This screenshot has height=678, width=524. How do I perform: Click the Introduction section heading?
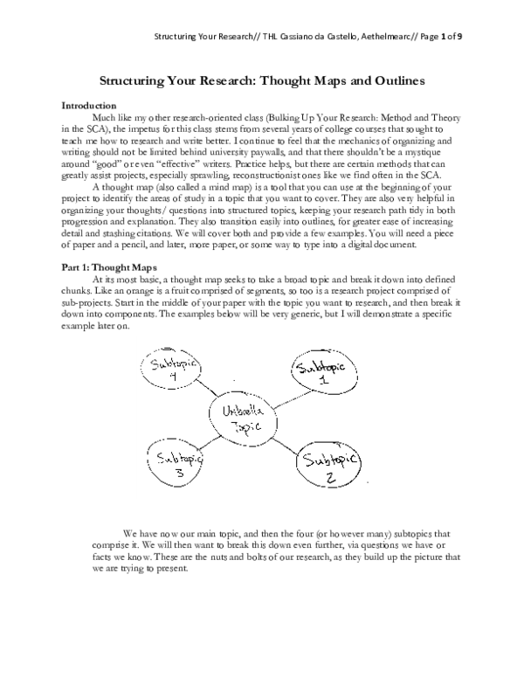88,105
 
